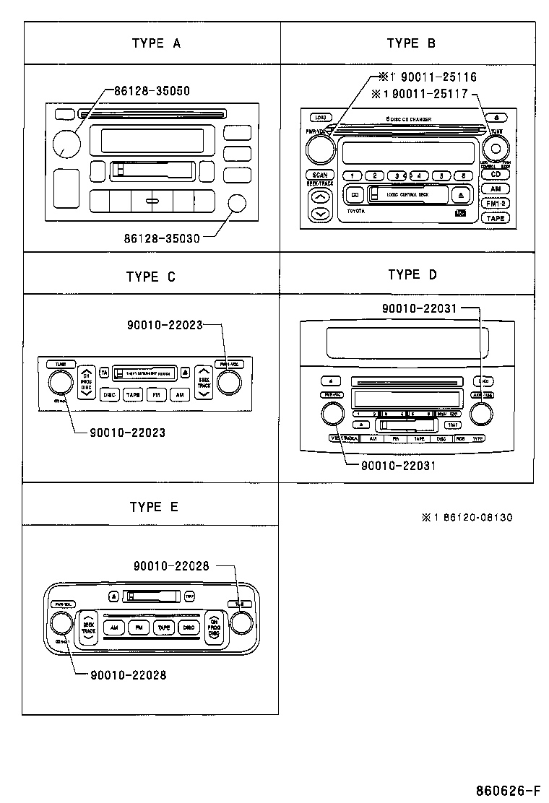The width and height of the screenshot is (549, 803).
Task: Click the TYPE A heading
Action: click(x=156, y=43)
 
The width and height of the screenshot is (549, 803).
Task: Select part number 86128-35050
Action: click(x=152, y=91)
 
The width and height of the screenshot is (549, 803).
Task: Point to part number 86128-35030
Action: click(x=161, y=236)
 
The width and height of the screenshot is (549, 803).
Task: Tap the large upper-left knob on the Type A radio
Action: click(x=66, y=142)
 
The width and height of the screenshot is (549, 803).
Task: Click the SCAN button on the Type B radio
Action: click(x=319, y=175)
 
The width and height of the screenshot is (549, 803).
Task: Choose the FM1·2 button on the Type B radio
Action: click(x=495, y=203)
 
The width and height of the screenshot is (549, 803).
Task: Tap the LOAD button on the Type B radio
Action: click(x=319, y=117)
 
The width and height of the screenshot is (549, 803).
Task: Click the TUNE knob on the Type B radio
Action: click(x=495, y=149)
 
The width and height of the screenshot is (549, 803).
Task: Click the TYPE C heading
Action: click(x=150, y=277)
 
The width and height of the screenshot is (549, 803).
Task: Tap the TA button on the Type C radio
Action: click(x=104, y=372)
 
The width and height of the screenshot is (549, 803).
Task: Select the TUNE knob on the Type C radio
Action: click(x=61, y=382)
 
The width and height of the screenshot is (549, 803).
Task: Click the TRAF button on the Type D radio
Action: click(x=453, y=425)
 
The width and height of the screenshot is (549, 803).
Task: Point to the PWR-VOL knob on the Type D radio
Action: click(x=332, y=414)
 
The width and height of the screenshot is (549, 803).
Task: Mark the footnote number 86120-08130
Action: click(x=474, y=518)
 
